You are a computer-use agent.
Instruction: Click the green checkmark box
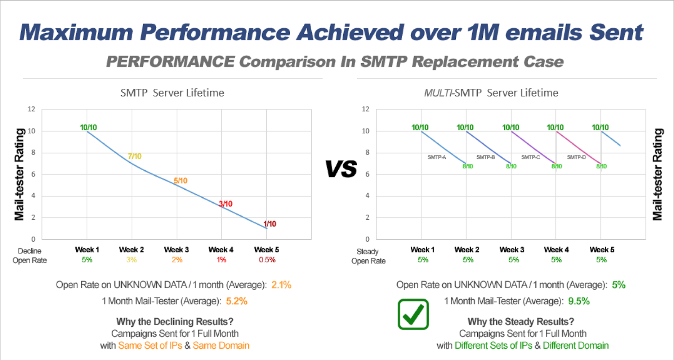coord(413,314)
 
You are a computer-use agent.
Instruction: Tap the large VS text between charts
coord(341,169)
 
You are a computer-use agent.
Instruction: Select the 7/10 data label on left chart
coord(135,156)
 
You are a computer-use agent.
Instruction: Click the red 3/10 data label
coord(226,204)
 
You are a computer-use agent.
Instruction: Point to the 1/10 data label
coord(270,224)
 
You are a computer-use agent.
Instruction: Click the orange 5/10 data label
coord(181,180)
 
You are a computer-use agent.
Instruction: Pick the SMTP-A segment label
coord(437,157)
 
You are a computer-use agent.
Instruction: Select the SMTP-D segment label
coord(576,157)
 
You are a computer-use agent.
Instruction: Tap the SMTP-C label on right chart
coord(530,157)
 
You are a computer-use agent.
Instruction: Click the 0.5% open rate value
coord(267,260)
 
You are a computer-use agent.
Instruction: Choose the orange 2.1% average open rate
coord(281,285)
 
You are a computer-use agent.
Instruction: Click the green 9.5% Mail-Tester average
coord(579,301)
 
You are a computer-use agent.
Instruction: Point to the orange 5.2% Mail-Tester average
coord(237,301)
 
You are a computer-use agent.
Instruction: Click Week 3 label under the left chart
coord(177,250)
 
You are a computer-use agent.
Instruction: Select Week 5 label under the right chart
coord(602,250)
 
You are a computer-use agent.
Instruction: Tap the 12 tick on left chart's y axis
coord(32,109)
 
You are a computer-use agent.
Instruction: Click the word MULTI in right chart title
coord(438,93)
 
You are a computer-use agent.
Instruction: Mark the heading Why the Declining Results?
coord(175,322)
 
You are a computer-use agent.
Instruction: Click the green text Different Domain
coord(575,346)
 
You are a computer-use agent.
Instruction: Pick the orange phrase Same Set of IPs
coord(150,346)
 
